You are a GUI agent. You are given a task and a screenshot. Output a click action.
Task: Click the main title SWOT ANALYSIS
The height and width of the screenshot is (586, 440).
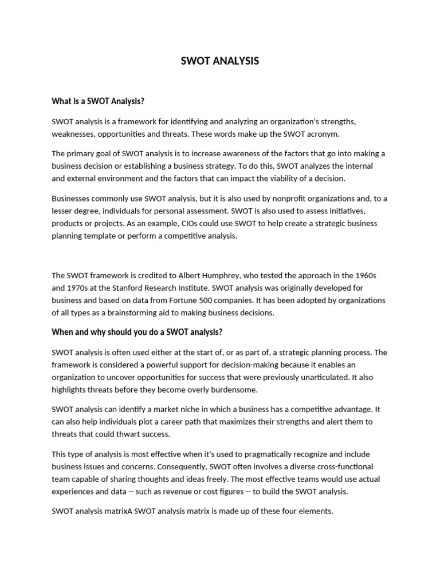pos(219,61)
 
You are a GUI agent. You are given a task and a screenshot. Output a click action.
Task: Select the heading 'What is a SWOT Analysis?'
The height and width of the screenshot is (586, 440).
pos(98,101)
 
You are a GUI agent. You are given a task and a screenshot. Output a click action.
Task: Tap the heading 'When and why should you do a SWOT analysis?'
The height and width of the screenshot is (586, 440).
pos(137,332)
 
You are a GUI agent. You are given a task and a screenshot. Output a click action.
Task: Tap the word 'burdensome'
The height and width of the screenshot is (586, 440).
pos(229,390)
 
